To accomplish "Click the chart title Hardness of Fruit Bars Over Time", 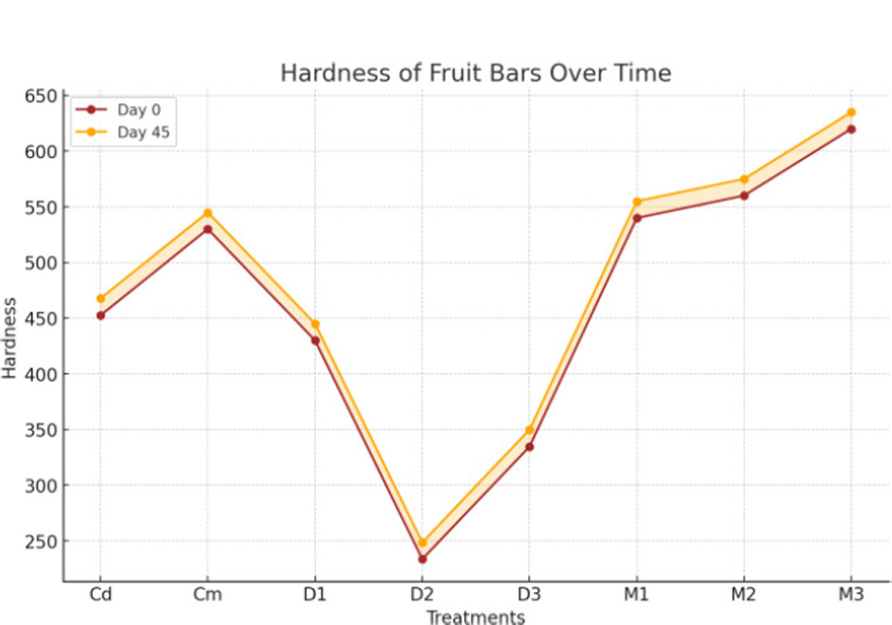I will [x=475, y=73].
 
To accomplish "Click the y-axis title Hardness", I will [x=10, y=338].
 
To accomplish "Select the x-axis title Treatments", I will [x=475, y=617].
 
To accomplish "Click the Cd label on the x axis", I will [x=100, y=595].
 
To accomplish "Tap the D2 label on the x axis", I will [x=422, y=595].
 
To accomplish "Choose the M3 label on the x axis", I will [x=851, y=595].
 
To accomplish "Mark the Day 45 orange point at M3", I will [x=851, y=113].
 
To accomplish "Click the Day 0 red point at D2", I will [x=422, y=559].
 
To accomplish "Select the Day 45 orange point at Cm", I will [x=207, y=213].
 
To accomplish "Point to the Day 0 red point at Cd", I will [x=100, y=315].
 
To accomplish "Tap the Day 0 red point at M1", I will [x=636, y=218].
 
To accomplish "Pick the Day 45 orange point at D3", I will [x=529, y=430].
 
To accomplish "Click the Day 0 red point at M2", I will [x=744, y=196].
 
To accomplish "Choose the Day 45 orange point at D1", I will [x=315, y=324].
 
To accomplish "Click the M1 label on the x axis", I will [x=636, y=595].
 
